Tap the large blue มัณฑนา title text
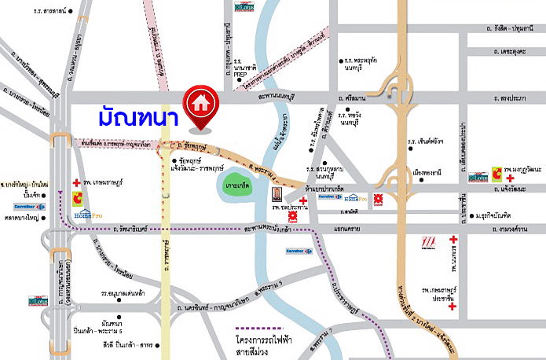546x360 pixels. pyautogui.click(x=137, y=117)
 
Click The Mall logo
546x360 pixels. pyautogui.click(x=428, y=241)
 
